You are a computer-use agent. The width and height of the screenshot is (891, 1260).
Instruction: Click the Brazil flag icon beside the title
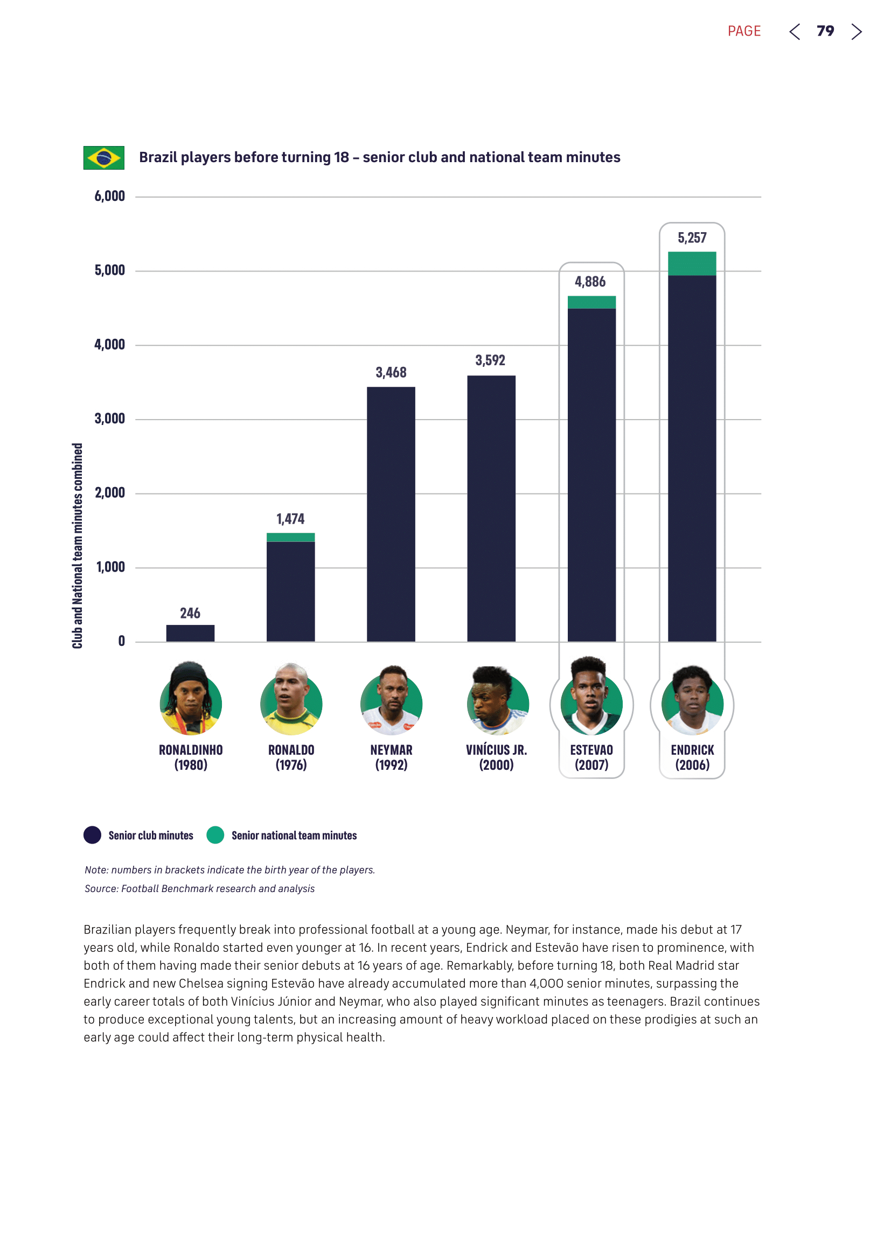pos(103,158)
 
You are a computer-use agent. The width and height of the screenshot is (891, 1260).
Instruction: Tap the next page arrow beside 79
pos(857,32)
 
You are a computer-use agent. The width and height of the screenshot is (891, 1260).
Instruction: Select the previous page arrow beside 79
pos(795,32)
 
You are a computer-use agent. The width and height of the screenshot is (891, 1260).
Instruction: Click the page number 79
pos(825,31)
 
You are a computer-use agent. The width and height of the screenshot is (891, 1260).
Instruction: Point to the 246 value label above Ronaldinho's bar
pos(190,614)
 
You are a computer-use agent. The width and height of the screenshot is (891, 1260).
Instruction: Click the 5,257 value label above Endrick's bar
pos(692,238)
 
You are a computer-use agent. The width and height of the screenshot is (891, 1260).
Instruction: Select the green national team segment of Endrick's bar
pos(692,263)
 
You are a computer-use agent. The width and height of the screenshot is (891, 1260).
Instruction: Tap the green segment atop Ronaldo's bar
pos(290,537)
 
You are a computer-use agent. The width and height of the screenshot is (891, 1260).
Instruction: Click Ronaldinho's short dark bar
pos(190,633)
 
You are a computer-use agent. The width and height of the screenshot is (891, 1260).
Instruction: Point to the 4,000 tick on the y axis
pos(110,345)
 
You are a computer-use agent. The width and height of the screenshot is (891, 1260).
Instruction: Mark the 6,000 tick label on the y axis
pos(110,197)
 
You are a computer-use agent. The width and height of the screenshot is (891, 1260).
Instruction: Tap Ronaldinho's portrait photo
pos(190,700)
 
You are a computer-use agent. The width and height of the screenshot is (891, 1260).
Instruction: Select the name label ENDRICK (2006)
pos(692,757)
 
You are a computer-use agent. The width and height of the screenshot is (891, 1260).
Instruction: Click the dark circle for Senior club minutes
pos(92,834)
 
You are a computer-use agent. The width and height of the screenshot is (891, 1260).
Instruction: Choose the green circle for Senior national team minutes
pos(215,834)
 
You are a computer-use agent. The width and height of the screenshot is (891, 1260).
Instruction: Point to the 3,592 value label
pos(490,360)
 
